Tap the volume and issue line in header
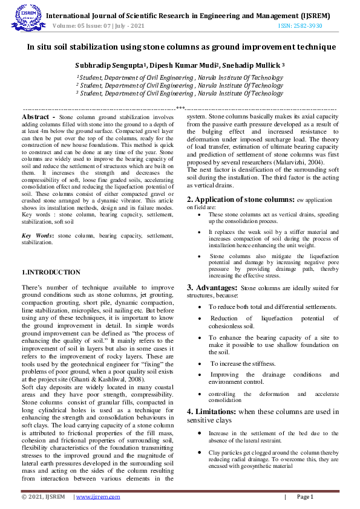(99, 27)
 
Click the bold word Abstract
(36, 116)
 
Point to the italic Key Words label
(38, 235)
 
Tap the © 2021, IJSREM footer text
(43, 497)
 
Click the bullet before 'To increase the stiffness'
(201, 363)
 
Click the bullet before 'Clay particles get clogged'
(201, 452)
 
